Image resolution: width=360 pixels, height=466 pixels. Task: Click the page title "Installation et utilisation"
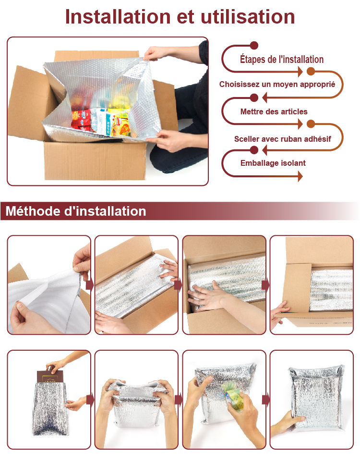point(180,17)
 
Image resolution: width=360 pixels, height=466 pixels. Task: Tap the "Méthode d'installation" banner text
point(76,211)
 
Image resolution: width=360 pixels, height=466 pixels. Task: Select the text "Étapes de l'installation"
point(282,59)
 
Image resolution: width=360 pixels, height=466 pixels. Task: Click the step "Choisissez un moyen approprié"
point(277,85)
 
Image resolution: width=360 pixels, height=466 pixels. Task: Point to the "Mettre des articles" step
point(274,112)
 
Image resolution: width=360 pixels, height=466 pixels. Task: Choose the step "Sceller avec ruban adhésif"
point(282,139)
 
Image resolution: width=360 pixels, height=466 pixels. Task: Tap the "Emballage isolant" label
point(273,163)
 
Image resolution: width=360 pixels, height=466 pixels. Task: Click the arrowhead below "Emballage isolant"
point(300,176)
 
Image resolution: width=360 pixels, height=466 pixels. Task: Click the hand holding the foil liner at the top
point(156,53)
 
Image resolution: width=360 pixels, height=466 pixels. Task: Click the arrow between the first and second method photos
point(89,285)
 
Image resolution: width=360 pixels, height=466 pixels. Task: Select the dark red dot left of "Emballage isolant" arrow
point(254,150)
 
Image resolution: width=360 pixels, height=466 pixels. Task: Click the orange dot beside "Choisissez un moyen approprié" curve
point(311,71)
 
